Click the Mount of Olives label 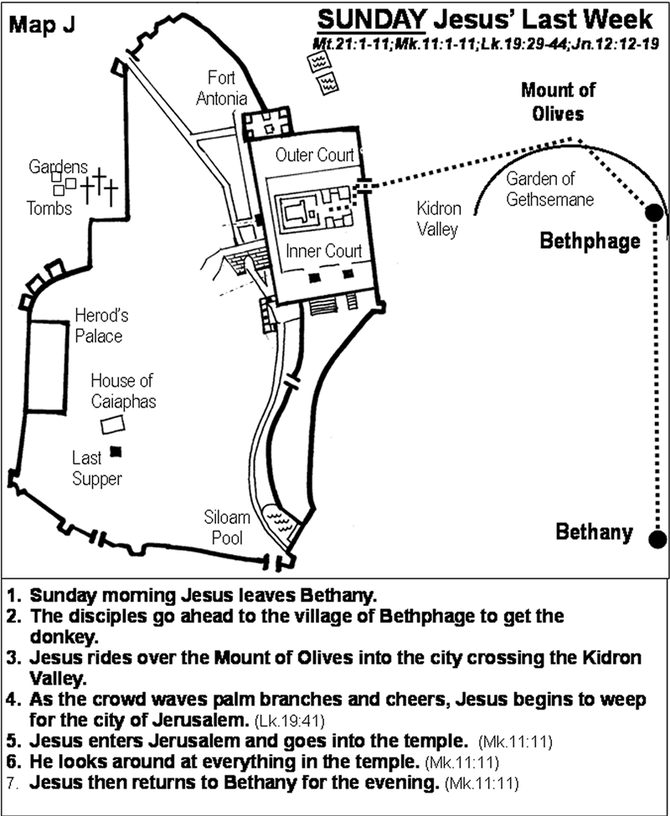pos(552,100)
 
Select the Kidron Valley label pos(439,219)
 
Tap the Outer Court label pos(313,156)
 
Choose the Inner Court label pos(323,250)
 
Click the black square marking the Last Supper pos(117,452)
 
